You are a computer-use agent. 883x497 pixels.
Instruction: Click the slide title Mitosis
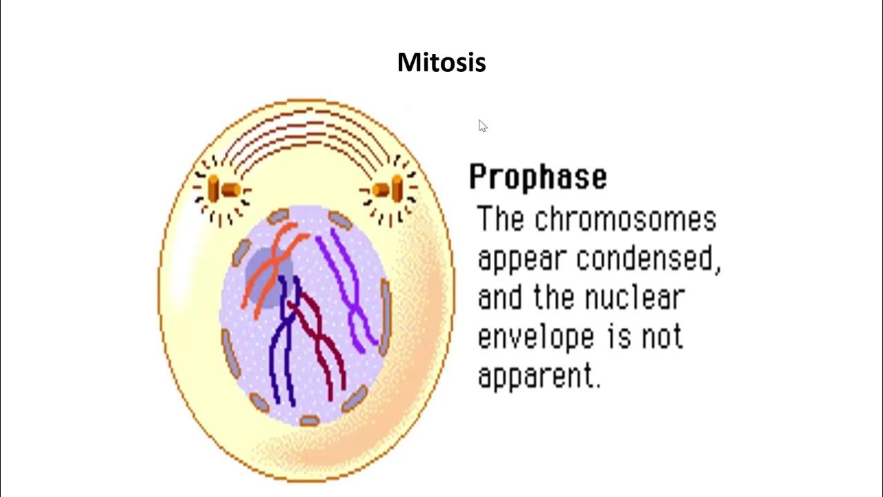tap(441, 63)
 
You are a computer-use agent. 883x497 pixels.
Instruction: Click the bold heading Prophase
tap(538, 177)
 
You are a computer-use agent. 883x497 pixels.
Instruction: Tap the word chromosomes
tap(625, 220)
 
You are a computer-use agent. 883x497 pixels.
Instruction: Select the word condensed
tap(648, 259)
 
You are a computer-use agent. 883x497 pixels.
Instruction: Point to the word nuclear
tap(634, 298)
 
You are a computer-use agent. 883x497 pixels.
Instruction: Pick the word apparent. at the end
tap(539, 377)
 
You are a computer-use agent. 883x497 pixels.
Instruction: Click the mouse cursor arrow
tap(482, 126)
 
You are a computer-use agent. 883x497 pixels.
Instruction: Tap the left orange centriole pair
tap(223, 188)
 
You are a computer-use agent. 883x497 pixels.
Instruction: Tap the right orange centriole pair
tap(388, 188)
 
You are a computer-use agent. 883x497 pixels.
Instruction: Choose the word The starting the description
tap(501, 220)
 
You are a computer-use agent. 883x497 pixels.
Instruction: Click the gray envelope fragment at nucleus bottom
tap(309, 420)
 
